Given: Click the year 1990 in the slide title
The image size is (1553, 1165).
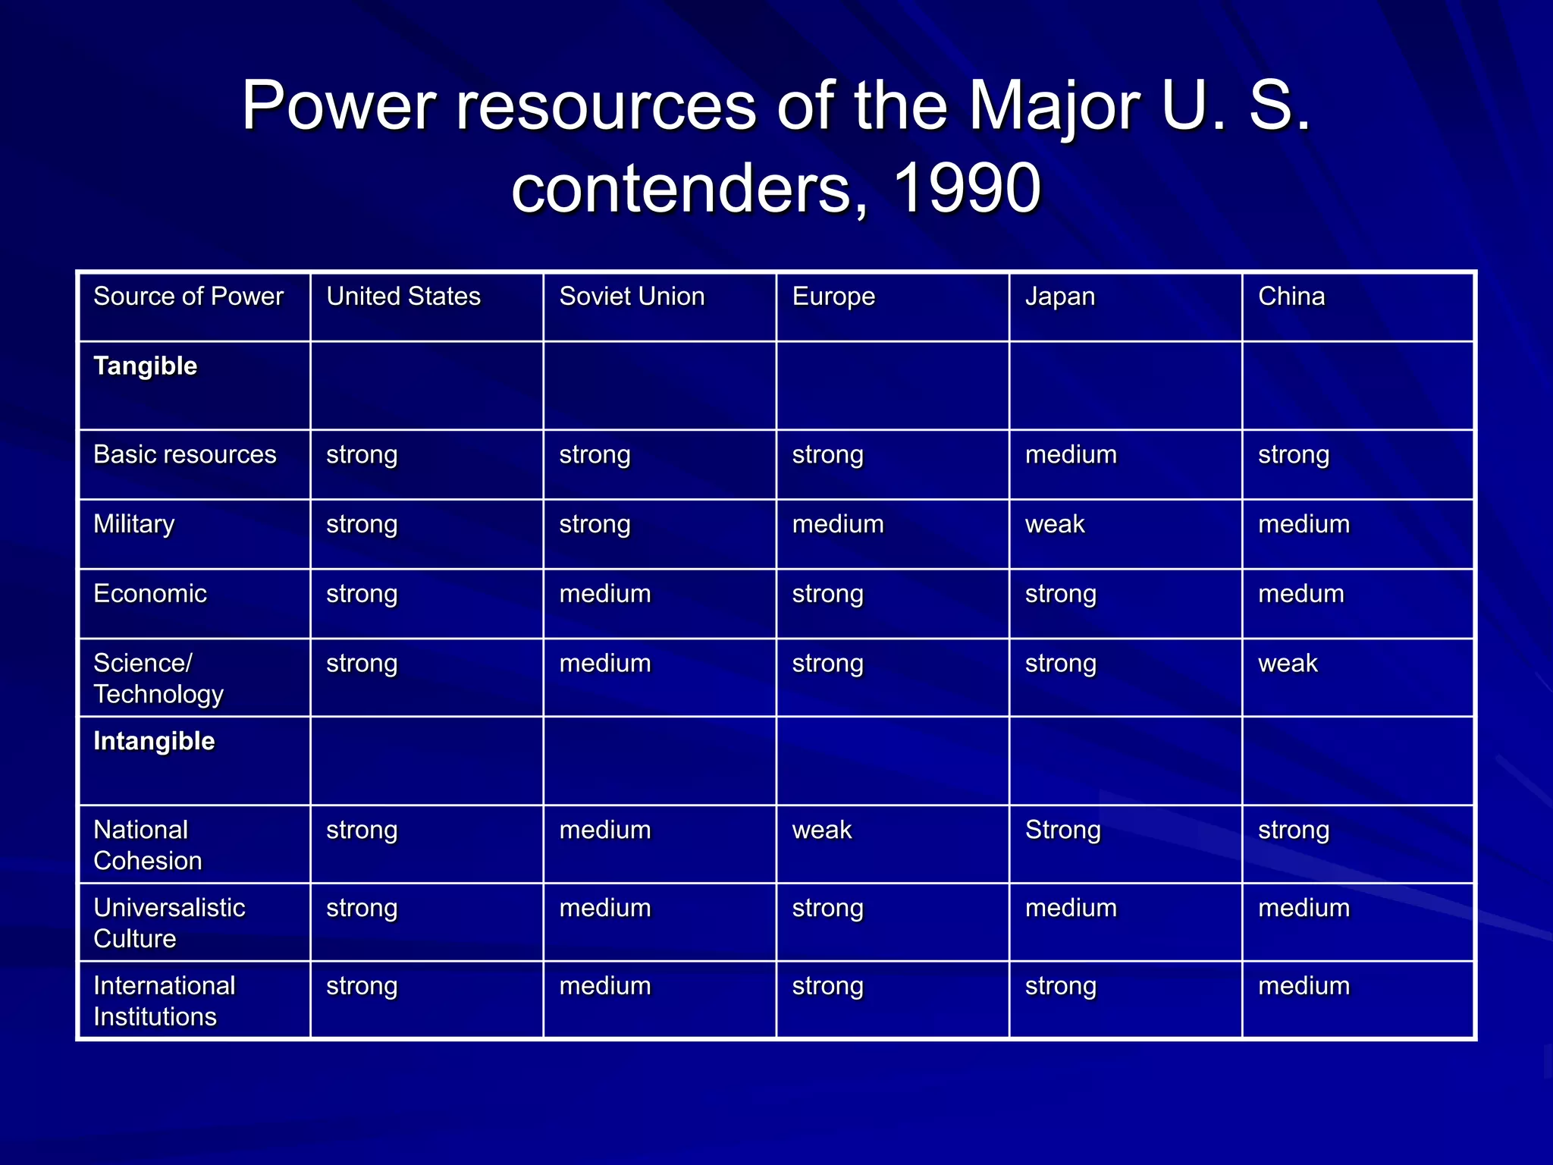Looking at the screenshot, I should [967, 188].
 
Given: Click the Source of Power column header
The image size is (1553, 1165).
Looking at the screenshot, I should [188, 297].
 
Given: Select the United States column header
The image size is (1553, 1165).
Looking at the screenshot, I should [403, 297].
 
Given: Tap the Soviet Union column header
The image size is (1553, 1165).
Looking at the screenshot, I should [632, 297].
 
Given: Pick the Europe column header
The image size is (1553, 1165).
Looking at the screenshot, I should [833, 297].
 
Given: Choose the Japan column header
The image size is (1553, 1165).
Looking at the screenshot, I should [1060, 297].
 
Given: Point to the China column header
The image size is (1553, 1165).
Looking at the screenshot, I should [1291, 297].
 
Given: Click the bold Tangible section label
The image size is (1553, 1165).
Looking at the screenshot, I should [145, 366].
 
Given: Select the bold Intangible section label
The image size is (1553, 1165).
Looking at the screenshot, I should [154, 741].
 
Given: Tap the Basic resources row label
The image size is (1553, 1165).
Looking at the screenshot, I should [184, 454].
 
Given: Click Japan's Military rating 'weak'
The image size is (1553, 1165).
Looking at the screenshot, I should [1055, 524].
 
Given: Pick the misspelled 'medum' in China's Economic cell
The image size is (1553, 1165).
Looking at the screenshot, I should [1300, 594].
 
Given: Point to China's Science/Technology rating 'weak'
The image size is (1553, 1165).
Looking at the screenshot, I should [1288, 664].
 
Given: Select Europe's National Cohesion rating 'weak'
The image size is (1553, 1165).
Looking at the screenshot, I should [822, 830].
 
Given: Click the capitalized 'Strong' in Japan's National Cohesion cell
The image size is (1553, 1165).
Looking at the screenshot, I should [1062, 830].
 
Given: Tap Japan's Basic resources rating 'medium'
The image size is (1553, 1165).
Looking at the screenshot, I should [1071, 454].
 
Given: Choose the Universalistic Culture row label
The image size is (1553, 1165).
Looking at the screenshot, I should [168, 922].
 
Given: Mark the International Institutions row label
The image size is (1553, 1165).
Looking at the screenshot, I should [164, 1000].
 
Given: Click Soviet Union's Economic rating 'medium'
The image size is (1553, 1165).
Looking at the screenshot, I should [604, 594].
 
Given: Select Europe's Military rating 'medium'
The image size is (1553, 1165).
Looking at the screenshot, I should [838, 524].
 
